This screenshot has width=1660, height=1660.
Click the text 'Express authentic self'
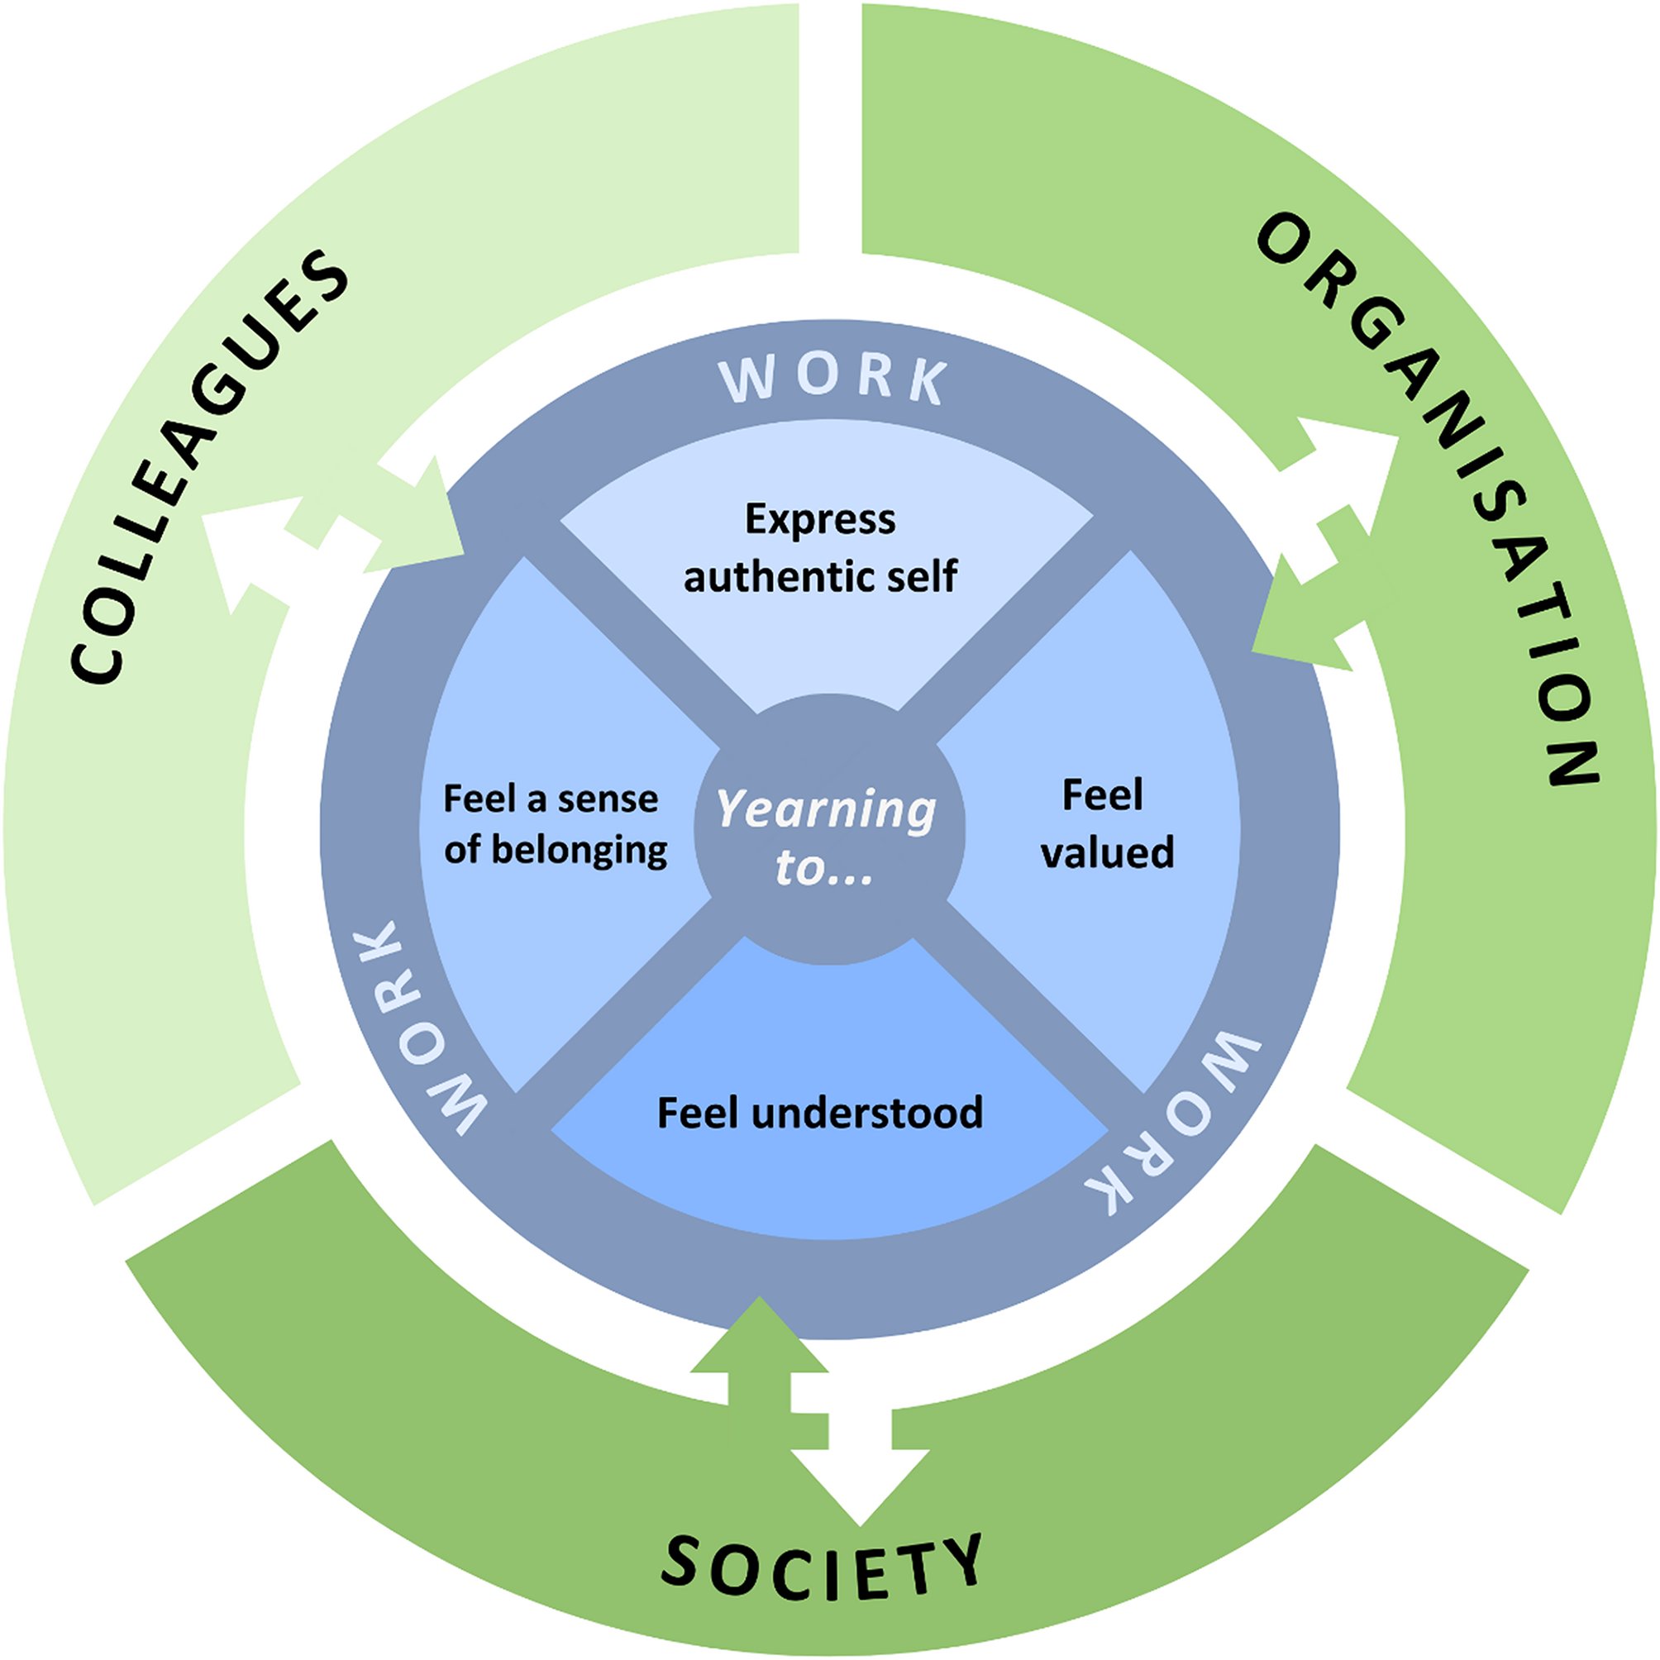820,547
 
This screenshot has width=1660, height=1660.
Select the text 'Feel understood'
820,1112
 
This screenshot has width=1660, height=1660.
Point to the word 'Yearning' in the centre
826,809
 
